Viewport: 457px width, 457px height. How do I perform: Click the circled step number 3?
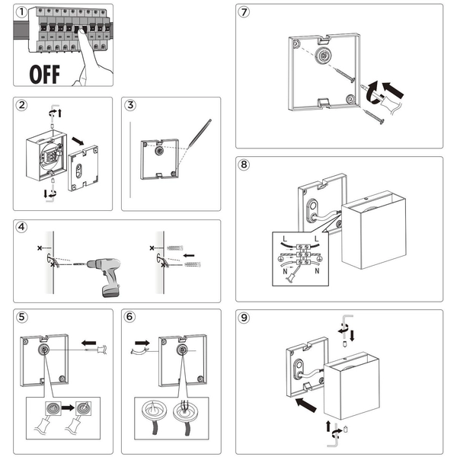click(x=131, y=106)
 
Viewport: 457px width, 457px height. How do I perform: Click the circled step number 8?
click(x=244, y=165)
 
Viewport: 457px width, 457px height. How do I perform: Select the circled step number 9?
click(x=244, y=318)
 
